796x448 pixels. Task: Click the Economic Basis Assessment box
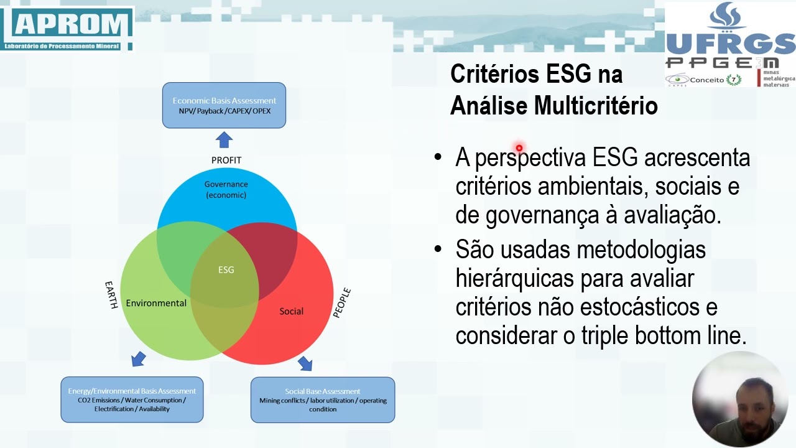pyautogui.click(x=224, y=105)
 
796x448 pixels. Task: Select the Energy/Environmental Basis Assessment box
pyautogui.click(x=132, y=399)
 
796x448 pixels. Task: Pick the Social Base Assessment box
pyautogui.click(x=322, y=399)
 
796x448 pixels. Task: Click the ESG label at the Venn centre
pyautogui.click(x=226, y=270)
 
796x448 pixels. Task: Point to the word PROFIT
pyautogui.click(x=226, y=160)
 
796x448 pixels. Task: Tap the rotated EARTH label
pyautogui.click(x=111, y=295)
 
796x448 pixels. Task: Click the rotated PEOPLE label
pyautogui.click(x=342, y=303)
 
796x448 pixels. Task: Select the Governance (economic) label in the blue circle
pyautogui.click(x=226, y=189)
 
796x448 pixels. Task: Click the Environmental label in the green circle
pyautogui.click(x=156, y=303)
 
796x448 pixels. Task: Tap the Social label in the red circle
pyautogui.click(x=291, y=311)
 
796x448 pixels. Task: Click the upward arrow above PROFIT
pyautogui.click(x=224, y=140)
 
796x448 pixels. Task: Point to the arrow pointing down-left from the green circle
pyautogui.click(x=138, y=359)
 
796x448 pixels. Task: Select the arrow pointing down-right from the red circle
pyautogui.click(x=305, y=363)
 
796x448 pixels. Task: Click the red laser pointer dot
pyautogui.click(x=519, y=148)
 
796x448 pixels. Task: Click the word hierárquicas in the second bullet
pyautogui.click(x=514, y=278)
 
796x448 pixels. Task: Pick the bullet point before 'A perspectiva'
pyautogui.click(x=438, y=157)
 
